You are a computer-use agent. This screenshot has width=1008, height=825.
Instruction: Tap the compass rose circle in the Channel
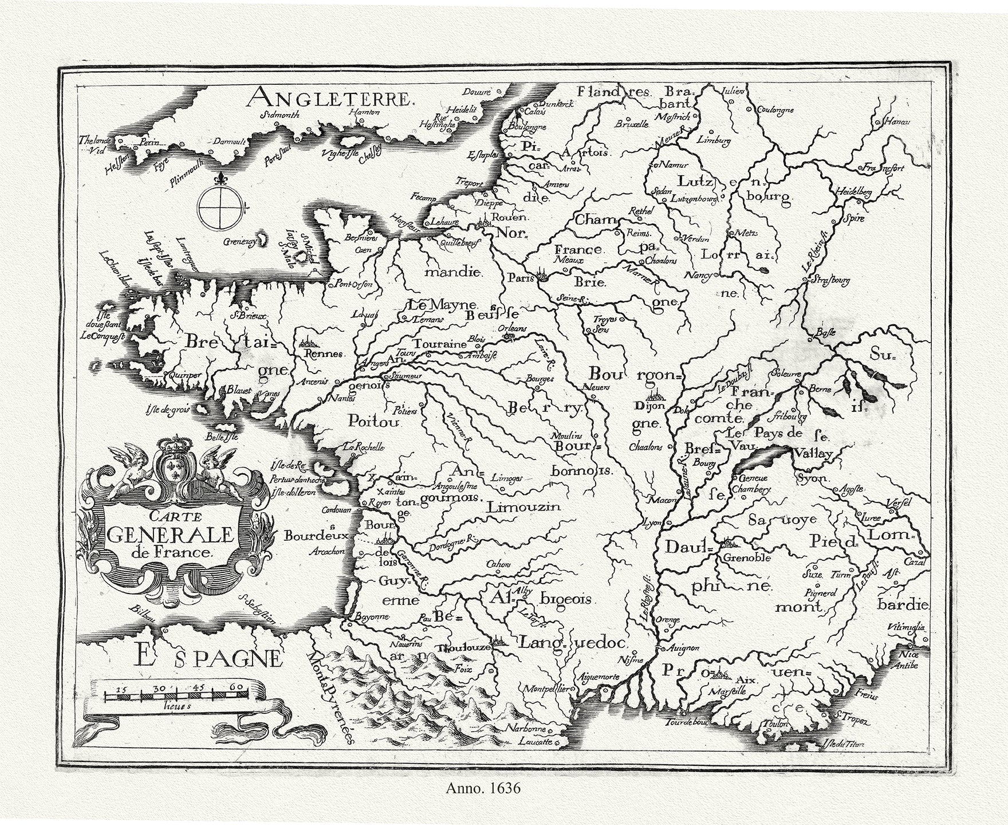pos(219,207)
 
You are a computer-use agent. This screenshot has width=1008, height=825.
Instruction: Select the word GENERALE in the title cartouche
pos(171,535)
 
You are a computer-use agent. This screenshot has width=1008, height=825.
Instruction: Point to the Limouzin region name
pos(522,507)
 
